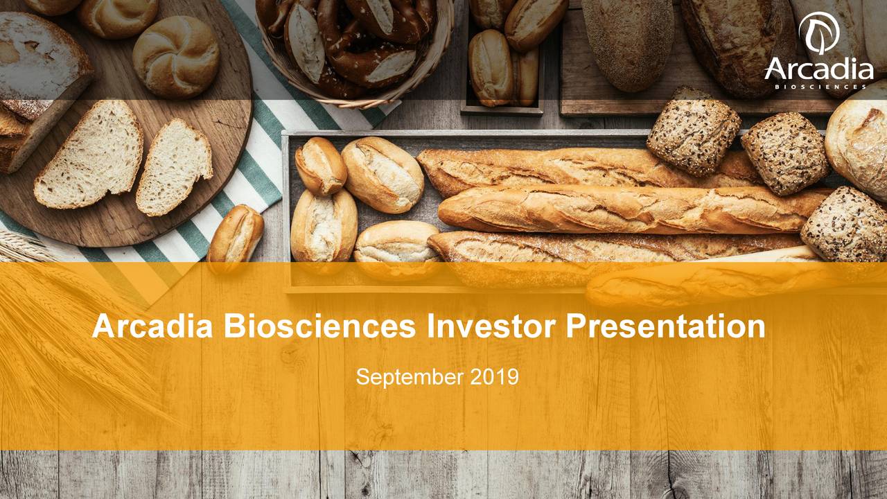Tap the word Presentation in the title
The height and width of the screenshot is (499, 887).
click(665, 326)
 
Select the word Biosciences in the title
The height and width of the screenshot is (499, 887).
click(319, 326)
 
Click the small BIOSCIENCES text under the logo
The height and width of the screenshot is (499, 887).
click(818, 87)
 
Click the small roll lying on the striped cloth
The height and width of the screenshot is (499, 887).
click(236, 234)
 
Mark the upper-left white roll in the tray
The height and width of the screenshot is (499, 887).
click(320, 166)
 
